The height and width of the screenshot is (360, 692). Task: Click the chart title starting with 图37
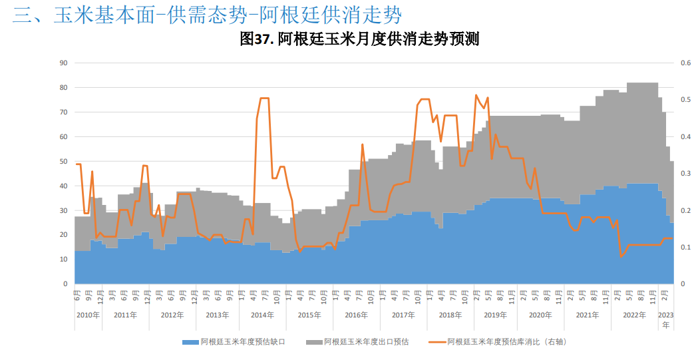point(359,39)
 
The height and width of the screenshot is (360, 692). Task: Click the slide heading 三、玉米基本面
point(207,15)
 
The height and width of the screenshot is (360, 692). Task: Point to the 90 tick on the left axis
point(65,63)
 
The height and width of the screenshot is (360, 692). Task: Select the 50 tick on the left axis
point(65,162)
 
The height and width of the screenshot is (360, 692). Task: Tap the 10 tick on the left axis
point(65,260)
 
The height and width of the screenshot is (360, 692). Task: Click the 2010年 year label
point(88,315)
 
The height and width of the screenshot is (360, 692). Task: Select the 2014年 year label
point(262,315)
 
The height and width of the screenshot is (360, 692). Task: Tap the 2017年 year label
point(403,315)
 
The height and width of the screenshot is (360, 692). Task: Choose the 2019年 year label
point(495,315)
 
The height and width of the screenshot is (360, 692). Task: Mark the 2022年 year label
point(633,315)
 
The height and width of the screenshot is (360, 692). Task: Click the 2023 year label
point(666,315)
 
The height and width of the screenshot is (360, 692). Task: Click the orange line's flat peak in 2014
point(264,98)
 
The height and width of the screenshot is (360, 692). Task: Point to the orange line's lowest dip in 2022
point(621,257)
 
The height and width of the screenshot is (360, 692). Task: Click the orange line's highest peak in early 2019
point(476,95)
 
